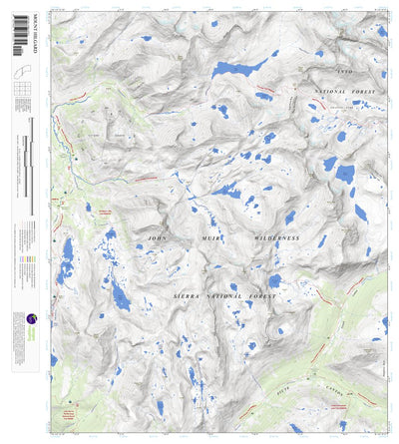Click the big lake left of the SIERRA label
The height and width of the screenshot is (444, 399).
pos(120,294)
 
